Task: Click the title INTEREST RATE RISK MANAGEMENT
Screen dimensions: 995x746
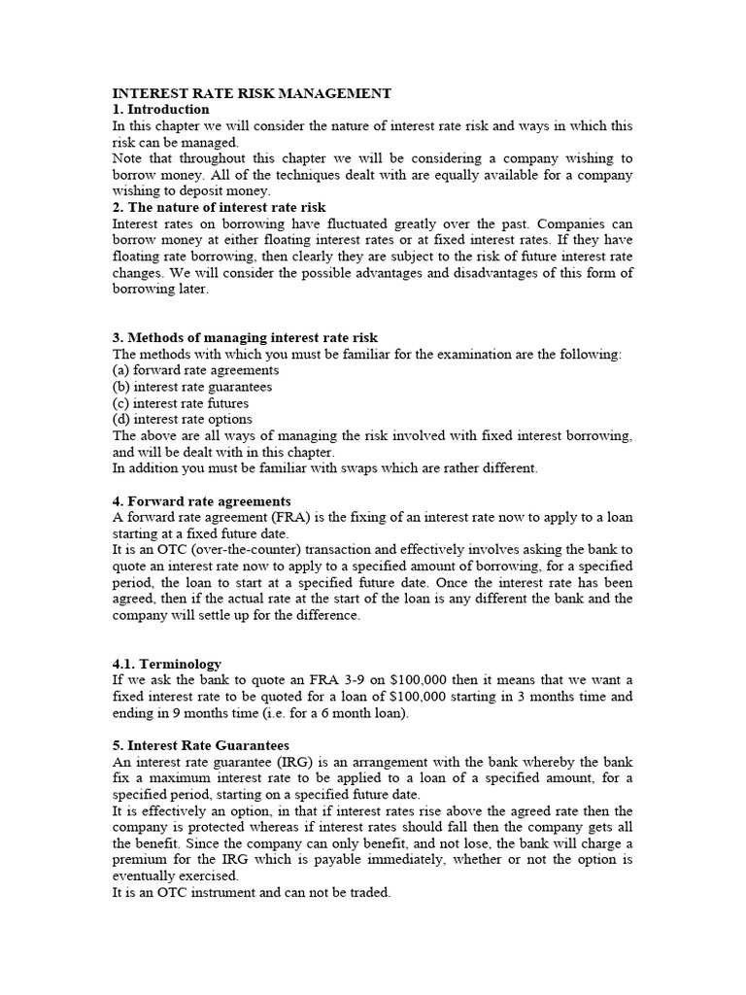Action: (252, 93)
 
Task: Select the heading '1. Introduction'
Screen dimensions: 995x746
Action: (160, 110)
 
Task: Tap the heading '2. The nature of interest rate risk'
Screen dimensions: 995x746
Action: (220, 207)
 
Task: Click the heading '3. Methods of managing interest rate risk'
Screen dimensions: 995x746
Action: (245, 338)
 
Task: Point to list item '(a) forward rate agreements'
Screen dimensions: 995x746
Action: (196, 370)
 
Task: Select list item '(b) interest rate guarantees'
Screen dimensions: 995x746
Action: (192, 387)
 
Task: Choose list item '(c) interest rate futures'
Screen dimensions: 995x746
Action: (181, 403)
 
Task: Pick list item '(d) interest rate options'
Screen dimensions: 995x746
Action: (182, 420)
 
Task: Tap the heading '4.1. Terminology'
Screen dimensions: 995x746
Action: (167, 665)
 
